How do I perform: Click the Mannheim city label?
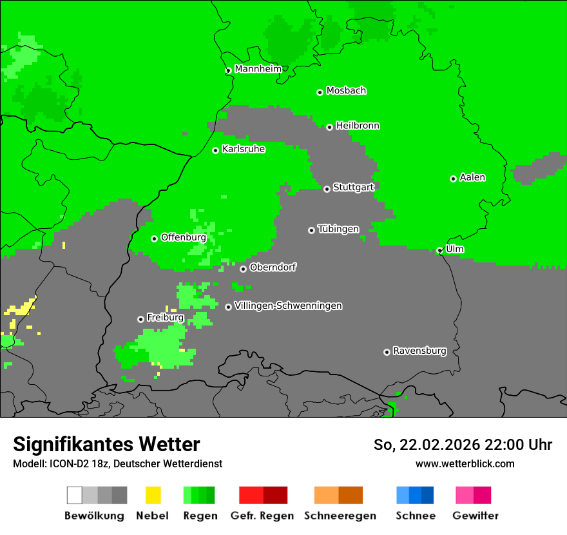pyautogui.click(x=258, y=69)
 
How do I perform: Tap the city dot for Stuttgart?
pyautogui.click(x=327, y=189)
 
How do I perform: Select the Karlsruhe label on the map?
pyautogui.click(x=244, y=149)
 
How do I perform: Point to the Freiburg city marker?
pyautogui.click(x=140, y=319)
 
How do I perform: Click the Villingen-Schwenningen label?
pyautogui.click(x=288, y=306)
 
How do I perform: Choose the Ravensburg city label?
pyautogui.click(x=419, y=351)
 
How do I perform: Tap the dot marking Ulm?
pyautogui.click(x=439, y=251)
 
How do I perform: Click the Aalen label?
pyautogui.click(x=472, y=177)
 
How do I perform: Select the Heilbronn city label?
pyautogui.click(x=358, y=126)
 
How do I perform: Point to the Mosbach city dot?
pyautogui.click(x=320, y=92)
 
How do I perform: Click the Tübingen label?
pyautogui.click(x=338, y=229)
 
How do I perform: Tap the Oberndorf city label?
pyautogui.click(x=273, y=267)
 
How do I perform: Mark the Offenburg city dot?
pyautogui.click(x=154, y=238)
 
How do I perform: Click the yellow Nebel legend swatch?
pyautogui.click(x=153, y=495)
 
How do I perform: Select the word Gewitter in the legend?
pyautogui.click(x=476, y=516)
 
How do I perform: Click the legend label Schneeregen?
pyautogui.click(x=340, y=516)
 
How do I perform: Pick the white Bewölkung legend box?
pyautogui.click(x=74, y=495)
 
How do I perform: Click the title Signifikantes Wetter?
pyautogui.click(x=106, y=444)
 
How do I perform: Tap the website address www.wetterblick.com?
pyautogui.click(x=465, y=463)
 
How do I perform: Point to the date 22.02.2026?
pyautogui.click(x=440, y=445)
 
